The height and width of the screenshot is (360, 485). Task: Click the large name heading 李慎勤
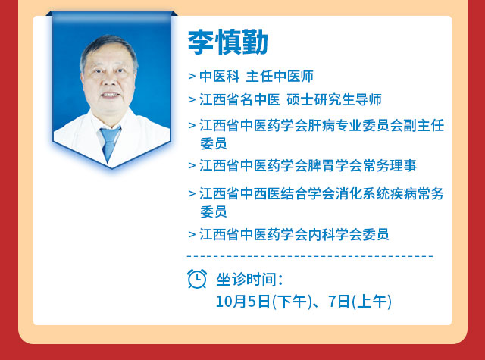(227, 42)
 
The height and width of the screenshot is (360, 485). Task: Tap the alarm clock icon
(197, 279)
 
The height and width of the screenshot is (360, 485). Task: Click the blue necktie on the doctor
(109, 143)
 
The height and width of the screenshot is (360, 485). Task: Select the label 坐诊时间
(249, 279)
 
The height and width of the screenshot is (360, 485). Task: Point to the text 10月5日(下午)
(264, 301)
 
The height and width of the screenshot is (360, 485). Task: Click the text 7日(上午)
(360, 301)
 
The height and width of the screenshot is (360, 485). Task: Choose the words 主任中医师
(280, 76)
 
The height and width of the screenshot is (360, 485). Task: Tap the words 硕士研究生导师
(334, 99)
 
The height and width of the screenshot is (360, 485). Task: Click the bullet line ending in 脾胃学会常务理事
(302, 165)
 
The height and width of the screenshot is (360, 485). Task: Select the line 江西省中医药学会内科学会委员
(288, 234)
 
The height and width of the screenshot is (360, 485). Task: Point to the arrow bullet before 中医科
(192, 76)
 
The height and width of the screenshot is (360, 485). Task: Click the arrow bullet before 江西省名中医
(192, 99)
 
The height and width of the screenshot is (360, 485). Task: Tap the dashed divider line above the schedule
(310, 256)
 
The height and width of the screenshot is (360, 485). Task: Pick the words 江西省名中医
(239, 99)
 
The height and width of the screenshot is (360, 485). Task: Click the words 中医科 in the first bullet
(220, 76)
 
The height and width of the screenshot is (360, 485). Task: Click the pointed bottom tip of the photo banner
(111, 168)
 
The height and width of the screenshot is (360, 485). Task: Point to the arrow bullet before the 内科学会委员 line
(192, 234)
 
